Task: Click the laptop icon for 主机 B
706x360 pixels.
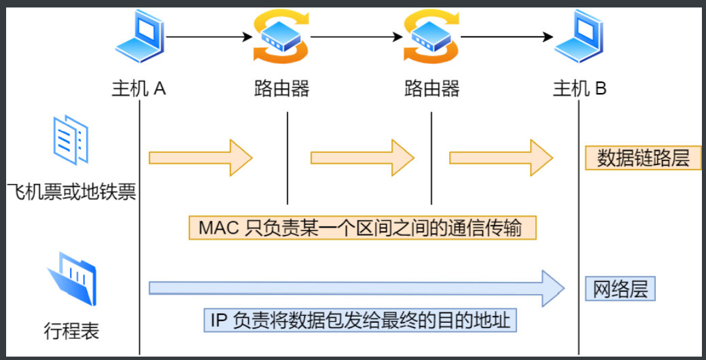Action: click(580, 39)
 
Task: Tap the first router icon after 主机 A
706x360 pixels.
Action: click(282, 37)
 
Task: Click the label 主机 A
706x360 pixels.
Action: click(139, 89)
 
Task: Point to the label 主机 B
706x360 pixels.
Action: click(580, 89)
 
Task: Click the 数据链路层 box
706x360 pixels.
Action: click(643, 158)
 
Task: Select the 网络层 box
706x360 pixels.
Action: click(620, 289)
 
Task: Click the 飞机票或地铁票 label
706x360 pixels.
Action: click(71, 191)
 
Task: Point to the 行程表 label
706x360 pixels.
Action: click(71, 331)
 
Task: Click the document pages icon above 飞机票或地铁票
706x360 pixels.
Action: click(71, 139)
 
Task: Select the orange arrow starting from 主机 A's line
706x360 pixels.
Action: click(200, 158)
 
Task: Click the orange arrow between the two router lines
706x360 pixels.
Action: click(362, 158)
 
